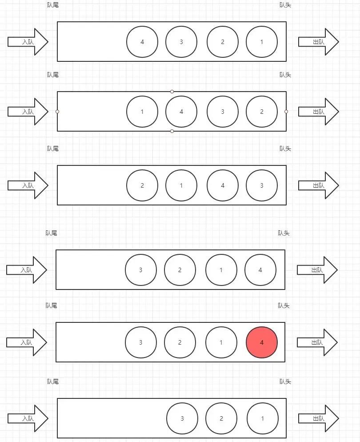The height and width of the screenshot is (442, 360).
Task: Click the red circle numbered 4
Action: click(262, 342)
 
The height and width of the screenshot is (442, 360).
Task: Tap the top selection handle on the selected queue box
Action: click(172, 91)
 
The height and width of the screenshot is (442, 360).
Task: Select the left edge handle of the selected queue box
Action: click(57, 112)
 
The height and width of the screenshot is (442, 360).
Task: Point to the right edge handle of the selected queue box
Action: click(286, 112)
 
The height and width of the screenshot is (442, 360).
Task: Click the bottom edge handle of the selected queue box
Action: click(172, 131)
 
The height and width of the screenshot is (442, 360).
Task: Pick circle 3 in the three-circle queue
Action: click(182, 418)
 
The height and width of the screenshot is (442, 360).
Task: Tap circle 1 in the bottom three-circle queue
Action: click(263, 418)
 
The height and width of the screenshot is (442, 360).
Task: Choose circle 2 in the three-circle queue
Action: click(221, 418)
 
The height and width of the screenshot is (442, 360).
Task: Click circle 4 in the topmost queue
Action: click(142, 42)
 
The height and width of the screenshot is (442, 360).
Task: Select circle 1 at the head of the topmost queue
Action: click(262, 42)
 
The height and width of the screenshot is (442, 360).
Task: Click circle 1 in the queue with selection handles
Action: click(142, 112)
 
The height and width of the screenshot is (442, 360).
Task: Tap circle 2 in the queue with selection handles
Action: click(262, 112)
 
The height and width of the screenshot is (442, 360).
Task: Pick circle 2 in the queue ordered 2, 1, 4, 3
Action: click(142, 185)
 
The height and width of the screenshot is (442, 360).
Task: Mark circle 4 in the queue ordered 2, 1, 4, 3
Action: click(223, 185)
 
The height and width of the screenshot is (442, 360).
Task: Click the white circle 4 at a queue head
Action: click(260, 270)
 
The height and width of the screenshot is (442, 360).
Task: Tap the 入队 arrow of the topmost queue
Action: click(28, 42)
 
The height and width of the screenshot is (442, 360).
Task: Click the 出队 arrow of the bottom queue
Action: click(319, 418)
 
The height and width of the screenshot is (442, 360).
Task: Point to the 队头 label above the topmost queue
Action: click(285, 5)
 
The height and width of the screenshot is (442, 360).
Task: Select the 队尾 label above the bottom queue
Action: click(53, 382)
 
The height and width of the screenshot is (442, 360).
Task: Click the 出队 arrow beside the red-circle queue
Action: click(317, 342)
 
